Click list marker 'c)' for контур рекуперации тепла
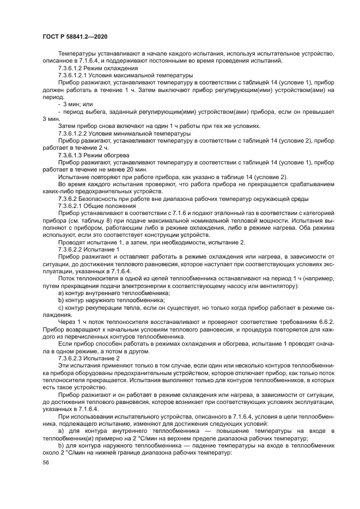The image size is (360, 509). pos(60,308)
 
